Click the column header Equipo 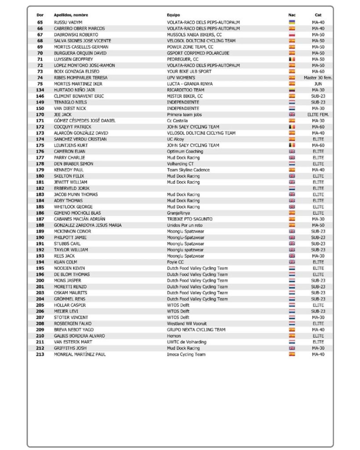[x=174, y=15]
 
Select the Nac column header [x=292, y=15]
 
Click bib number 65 [x=40, y=22]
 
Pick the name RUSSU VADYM [x=68, y=22]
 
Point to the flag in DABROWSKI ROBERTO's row [x=292, y=34]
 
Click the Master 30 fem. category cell [x=318, y=77]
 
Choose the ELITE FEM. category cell [x=318, y=114]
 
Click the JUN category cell [x=318, y=84]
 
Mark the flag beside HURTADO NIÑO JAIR [x=292, y=90]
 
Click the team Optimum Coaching [x=185, y=151]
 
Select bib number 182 [x=40, y=188]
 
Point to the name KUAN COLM [x=65, y=262]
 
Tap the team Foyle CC [x=175, y=262]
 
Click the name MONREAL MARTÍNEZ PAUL [x=80, y=354]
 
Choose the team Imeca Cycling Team [x=186, y=354]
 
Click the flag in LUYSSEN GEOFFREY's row [x=292, y=59]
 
